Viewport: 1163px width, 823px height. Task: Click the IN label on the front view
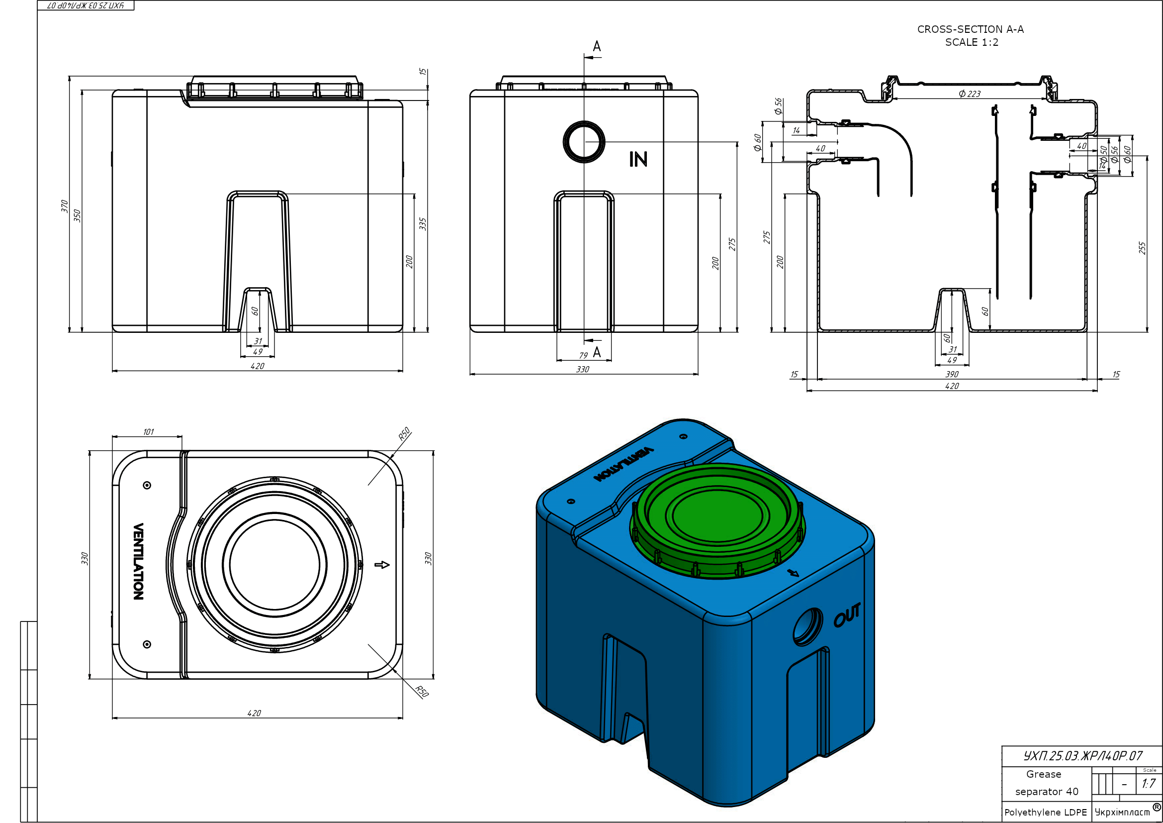638,159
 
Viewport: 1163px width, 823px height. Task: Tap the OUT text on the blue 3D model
847,615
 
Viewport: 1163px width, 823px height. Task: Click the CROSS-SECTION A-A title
970,29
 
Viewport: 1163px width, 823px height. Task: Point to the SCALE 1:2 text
972,43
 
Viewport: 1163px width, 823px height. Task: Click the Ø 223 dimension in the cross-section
970,94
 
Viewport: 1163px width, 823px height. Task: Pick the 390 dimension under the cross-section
952,374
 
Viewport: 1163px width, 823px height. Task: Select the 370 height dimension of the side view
64,206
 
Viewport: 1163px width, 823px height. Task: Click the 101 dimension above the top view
148,432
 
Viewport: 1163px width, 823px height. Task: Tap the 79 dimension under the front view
583,355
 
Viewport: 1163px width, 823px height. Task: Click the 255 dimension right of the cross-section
1142,248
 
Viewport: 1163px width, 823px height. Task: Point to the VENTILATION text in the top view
138,561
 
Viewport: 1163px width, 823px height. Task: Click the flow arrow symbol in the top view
382,565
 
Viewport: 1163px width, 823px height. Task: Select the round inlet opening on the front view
584,142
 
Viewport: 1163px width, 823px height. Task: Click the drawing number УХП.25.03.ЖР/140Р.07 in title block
1082,756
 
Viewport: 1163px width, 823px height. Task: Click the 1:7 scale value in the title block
1148,784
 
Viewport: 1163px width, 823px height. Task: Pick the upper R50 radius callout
404,434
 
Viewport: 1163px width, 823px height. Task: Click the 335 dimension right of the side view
423,224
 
